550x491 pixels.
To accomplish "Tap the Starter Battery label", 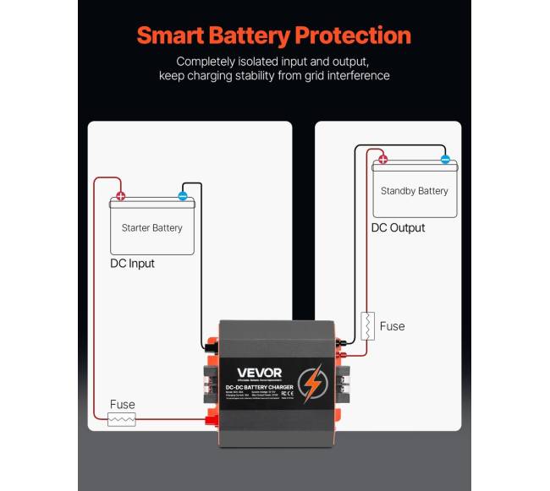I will coord(152,228).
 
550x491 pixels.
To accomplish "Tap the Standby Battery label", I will coord(415,191).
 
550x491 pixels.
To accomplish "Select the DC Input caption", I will coord(133,264).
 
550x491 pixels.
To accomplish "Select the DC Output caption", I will coord(399,228).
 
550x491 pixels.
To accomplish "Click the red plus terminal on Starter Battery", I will coord(121,196).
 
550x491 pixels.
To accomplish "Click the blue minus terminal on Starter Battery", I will coord(183,196).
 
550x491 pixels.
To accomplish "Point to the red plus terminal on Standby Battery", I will coord(382,159).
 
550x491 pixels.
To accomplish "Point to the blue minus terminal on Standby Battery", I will coord(445,159).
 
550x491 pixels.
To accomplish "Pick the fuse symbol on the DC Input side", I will coord(123,419).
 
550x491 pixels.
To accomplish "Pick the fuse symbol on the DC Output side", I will coord(368,325).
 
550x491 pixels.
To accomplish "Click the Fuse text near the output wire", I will coord(393,326).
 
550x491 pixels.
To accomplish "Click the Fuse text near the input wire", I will coord(122,405).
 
